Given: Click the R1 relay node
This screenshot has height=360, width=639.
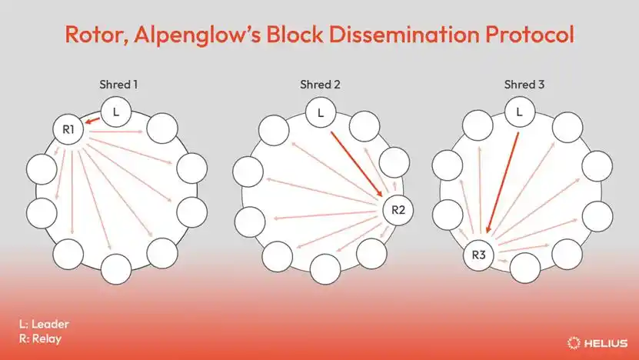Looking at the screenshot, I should tap(68, 129).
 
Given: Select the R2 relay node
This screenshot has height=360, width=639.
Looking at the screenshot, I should tap(398, 209).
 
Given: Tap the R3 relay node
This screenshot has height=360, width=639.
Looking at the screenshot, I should tap(479, 255).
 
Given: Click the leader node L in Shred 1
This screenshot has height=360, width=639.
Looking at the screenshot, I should tap(115, 112).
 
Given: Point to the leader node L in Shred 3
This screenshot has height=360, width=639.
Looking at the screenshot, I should tap(520, 112).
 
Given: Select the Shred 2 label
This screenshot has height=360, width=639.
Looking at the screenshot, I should tap(319, 84).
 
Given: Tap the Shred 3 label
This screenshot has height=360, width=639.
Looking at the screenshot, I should tap(523, 84).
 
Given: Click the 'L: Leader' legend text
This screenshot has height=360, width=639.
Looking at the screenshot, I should tap(44, 324).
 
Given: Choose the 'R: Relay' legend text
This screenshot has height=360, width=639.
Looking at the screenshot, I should tap(40, 338).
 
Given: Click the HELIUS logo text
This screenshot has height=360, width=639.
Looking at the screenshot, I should tap(607, 342).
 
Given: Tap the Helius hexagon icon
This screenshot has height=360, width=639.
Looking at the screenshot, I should tap(573, 342).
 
